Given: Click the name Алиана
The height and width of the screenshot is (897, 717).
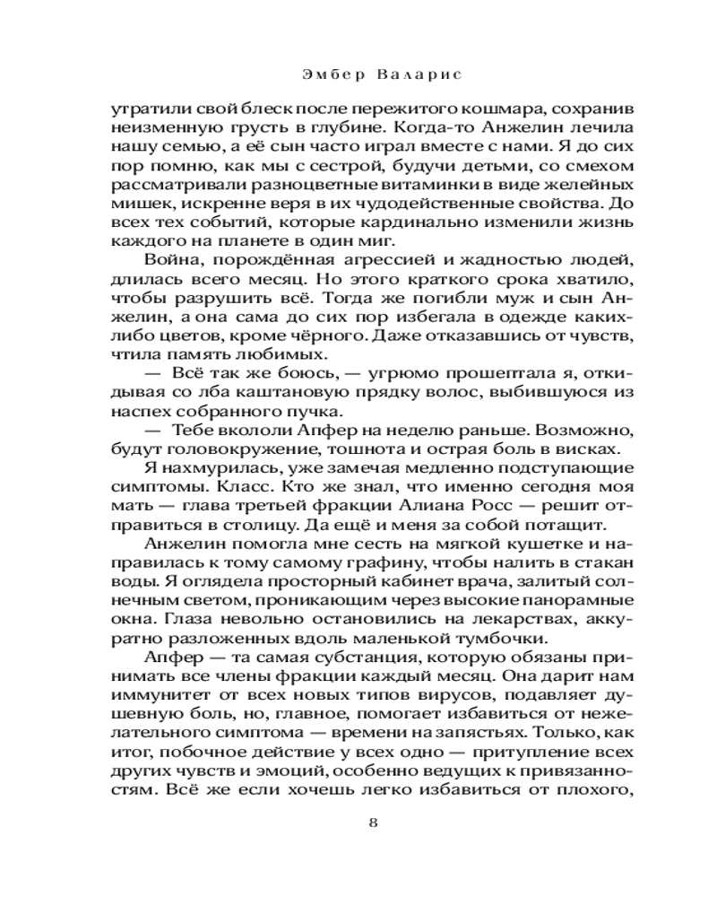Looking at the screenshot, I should (x=428, y=505).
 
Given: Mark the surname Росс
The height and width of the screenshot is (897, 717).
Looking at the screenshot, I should (x=487, y=505).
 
